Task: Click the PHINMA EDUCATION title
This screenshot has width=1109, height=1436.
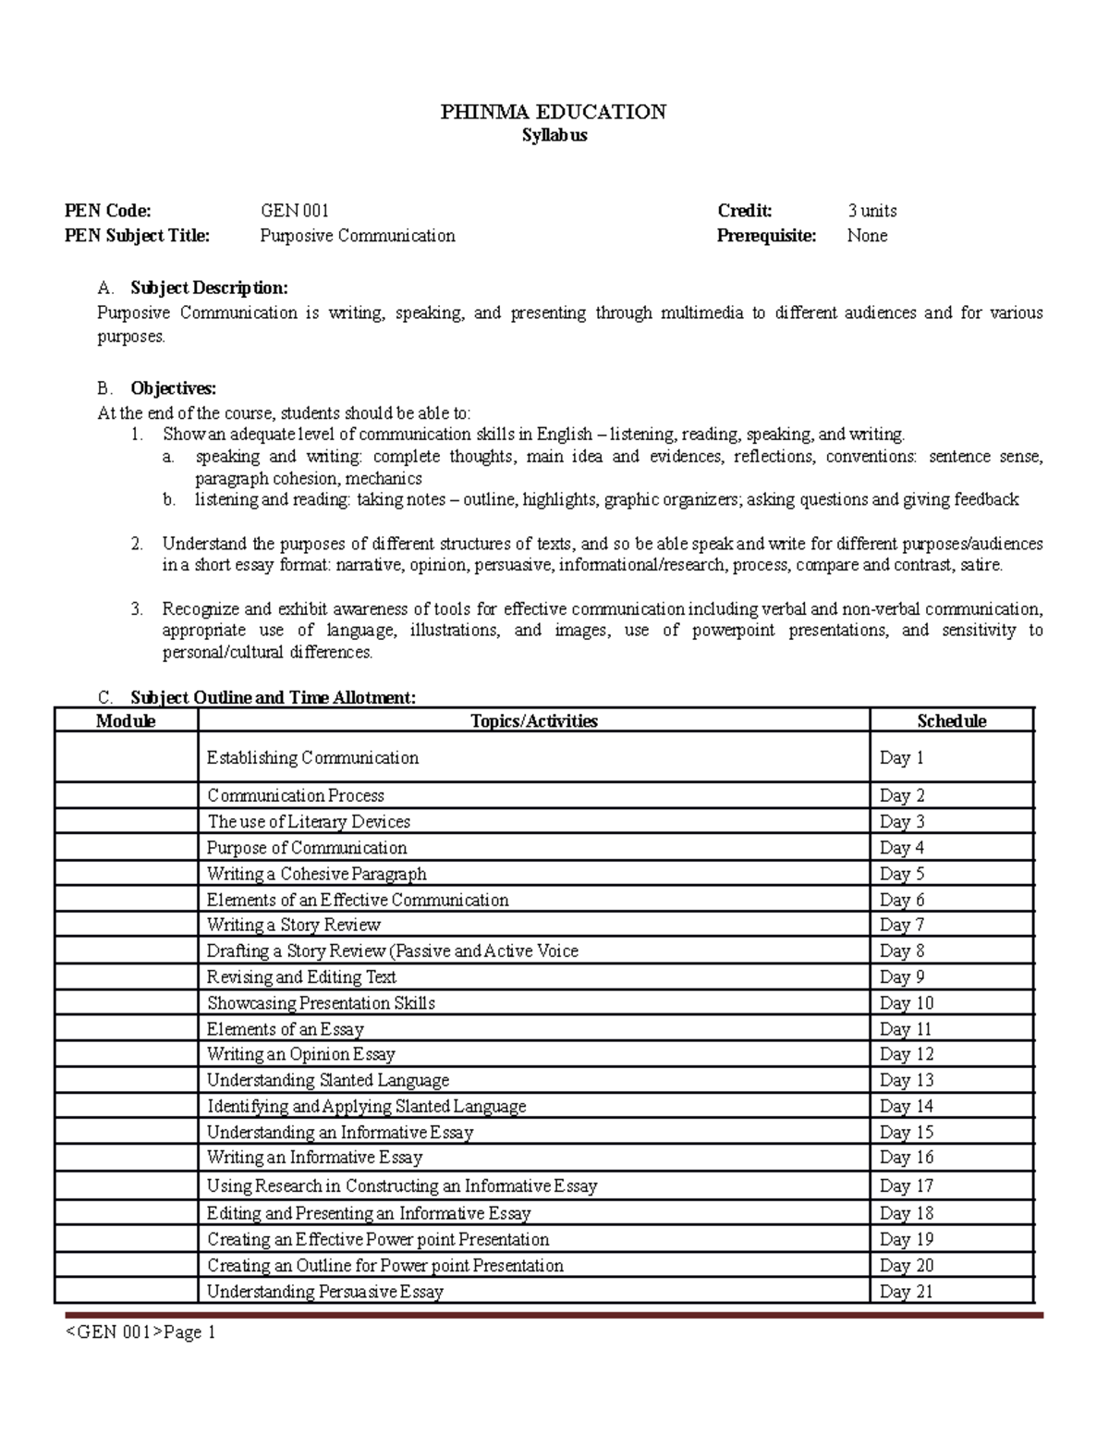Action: pos(553,112)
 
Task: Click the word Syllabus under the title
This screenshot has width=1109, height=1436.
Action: pos(554,136)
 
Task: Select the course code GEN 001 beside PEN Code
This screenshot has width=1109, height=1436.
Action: pos(295,211)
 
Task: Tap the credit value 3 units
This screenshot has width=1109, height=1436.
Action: pos(871,211)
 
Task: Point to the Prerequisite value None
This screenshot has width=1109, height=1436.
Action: pos(867,236)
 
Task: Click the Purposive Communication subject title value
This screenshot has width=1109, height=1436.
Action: pos(358,236)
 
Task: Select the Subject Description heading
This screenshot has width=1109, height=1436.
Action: pos(209,288)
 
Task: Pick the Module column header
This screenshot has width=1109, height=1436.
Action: pos(126,721)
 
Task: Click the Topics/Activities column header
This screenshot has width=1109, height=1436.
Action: pos(534,721)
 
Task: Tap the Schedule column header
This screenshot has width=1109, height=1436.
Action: pos(951,721)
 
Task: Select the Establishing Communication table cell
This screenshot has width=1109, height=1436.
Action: pos(312,758)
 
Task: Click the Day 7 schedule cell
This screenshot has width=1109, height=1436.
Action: pos(896,925)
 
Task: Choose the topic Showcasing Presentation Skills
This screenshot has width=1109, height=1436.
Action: pos(321,1003)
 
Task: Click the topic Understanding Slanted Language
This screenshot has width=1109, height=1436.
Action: pos(328,1080)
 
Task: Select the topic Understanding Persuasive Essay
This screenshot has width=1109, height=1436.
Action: pos(325,1292)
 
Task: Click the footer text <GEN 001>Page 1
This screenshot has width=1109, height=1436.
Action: pos(140,1332)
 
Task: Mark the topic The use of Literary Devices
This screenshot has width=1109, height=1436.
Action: pos(309,822)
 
